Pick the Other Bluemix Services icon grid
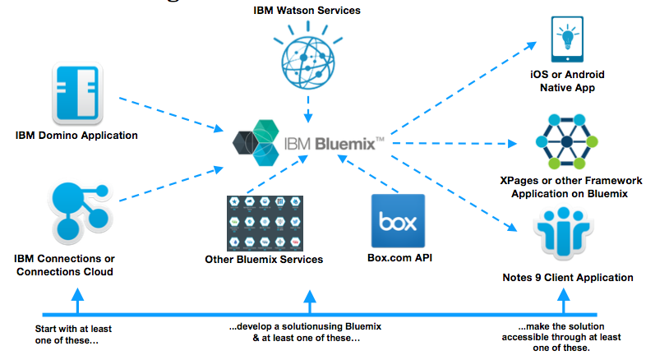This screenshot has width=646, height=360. tap(264, 222)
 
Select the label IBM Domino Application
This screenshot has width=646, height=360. tap(76, 135)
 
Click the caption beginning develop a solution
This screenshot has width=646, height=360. tap(307, 333)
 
